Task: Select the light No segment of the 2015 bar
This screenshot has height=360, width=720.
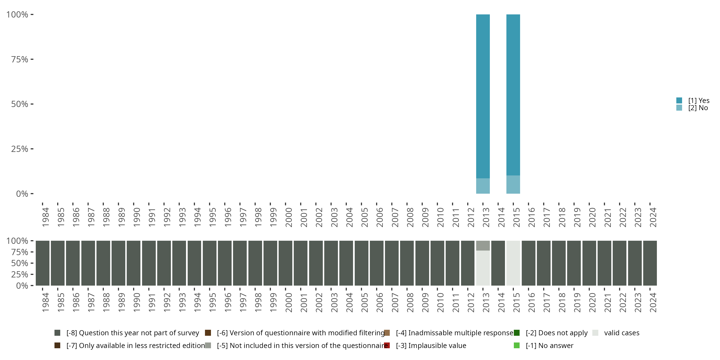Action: pos(513,185)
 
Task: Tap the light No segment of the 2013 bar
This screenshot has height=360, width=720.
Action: pos(483,186)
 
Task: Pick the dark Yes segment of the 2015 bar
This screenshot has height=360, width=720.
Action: pos(513,95)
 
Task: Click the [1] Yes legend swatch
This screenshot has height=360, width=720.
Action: pos(679,100)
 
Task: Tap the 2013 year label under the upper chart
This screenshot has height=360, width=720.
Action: pos(486,217)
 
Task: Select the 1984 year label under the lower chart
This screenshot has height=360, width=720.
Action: pos(46,302)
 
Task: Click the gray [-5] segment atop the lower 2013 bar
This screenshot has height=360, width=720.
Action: pos(483,246)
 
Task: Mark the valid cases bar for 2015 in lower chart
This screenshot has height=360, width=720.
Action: pos(513,263)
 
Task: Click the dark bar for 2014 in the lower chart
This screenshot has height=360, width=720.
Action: pos(498,263)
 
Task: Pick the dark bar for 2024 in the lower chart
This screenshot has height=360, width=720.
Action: pos(650,263)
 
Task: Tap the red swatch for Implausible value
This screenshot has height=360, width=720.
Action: pos(387,345)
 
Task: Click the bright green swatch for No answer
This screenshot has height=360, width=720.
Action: pos(516,345)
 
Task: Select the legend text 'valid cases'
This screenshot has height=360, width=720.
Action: pos(622,333)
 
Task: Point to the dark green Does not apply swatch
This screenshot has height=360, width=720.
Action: pos(516,333)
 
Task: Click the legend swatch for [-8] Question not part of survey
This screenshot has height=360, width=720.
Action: pos(57,333)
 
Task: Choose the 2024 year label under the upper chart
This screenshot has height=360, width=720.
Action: pos(653,217)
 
